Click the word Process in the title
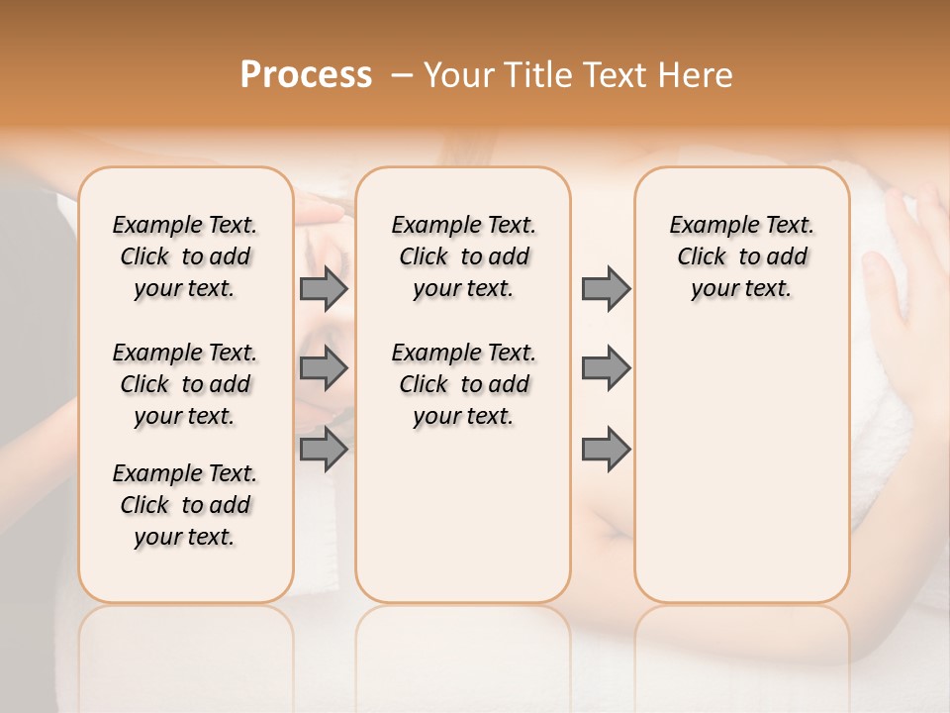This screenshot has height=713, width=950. tap(306, 75)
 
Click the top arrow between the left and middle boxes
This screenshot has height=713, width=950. tap(324, 288)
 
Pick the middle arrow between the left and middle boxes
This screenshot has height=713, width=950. tap(324, 368)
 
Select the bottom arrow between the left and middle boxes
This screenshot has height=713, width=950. tap(324, 449)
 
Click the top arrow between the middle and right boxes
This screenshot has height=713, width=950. tap(606, 288)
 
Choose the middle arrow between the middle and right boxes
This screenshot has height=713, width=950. tap(606, 368)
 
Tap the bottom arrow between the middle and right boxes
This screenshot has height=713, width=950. tap(606, 449)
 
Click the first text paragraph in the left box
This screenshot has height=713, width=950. tap(185, 256)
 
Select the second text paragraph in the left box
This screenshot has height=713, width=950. tap(185, 384)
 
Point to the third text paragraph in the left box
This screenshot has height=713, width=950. tap(185, 505)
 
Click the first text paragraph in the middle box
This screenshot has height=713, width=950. tap(463, 256)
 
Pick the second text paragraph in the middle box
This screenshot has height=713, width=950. tap(463, 384)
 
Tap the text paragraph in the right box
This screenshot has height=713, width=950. tap(742, 256)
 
